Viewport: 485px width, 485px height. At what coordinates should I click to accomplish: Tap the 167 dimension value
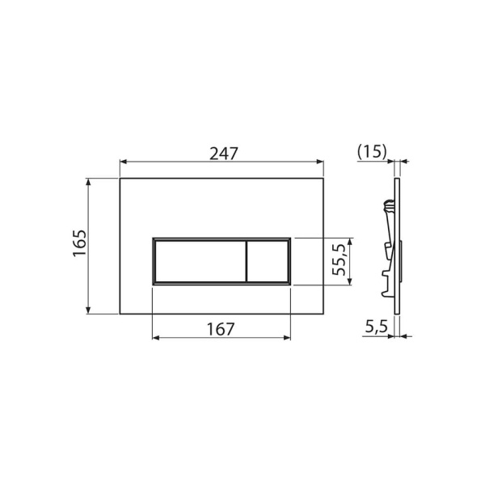pyautogui.click(x=220, y=329)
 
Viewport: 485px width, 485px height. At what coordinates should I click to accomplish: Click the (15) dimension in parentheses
pyautogui.click(x=372, y=151)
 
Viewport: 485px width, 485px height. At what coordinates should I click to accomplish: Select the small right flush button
pyautogui.click(x=267, y=261)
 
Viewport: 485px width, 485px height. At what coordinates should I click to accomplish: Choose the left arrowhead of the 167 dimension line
pyautogui.click(x=155, y=338)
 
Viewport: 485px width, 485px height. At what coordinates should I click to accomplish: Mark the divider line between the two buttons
pyautogui.click(x=245, y=261)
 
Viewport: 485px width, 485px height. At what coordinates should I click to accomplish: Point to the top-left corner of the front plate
pyautogui.click(x=120, y=179)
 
